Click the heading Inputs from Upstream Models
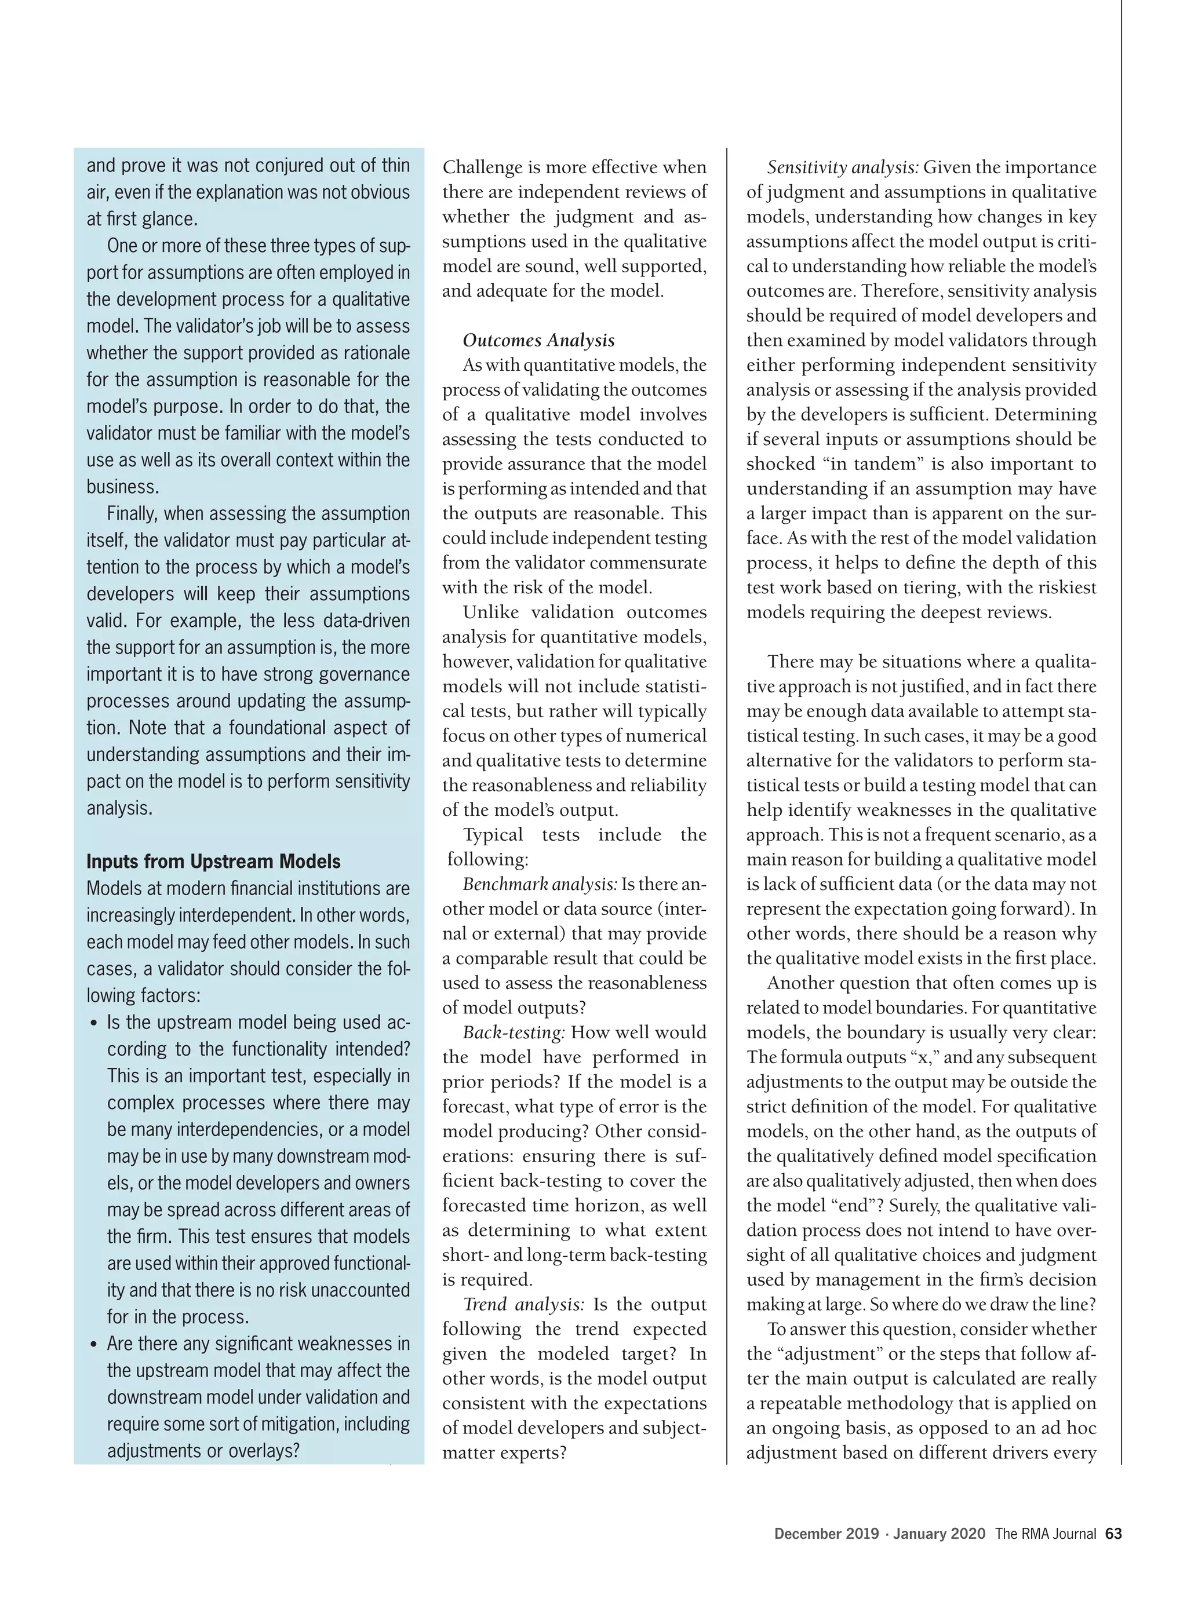[x=213, y=861]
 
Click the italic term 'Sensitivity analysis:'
[x=843, y=167]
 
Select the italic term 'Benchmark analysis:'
[x=540, y=884]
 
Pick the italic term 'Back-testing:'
[x=514, y=1032]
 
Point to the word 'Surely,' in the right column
[x=921, y=1205]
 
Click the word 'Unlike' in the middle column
[x=486, y=612]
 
